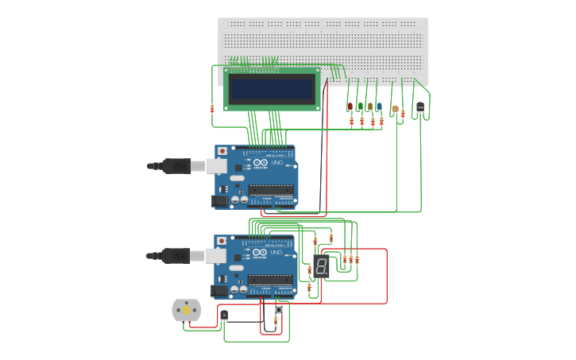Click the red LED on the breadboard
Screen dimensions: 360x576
350,106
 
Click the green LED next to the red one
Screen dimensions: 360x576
360,106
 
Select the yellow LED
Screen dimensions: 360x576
369,106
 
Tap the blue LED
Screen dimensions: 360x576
379,106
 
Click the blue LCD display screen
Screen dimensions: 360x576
272,88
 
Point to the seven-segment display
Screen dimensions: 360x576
321,266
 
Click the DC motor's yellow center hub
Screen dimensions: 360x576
187,311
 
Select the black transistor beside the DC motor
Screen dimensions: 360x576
224,315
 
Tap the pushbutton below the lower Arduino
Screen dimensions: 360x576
278,310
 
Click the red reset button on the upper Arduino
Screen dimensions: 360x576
222,151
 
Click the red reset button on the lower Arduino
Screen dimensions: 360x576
222,241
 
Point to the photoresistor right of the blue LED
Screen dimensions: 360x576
395,109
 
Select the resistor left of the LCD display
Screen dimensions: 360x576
212,109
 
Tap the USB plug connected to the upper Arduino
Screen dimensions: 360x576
176,165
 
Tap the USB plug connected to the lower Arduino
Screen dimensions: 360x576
176,255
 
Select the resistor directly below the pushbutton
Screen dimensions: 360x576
276,321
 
